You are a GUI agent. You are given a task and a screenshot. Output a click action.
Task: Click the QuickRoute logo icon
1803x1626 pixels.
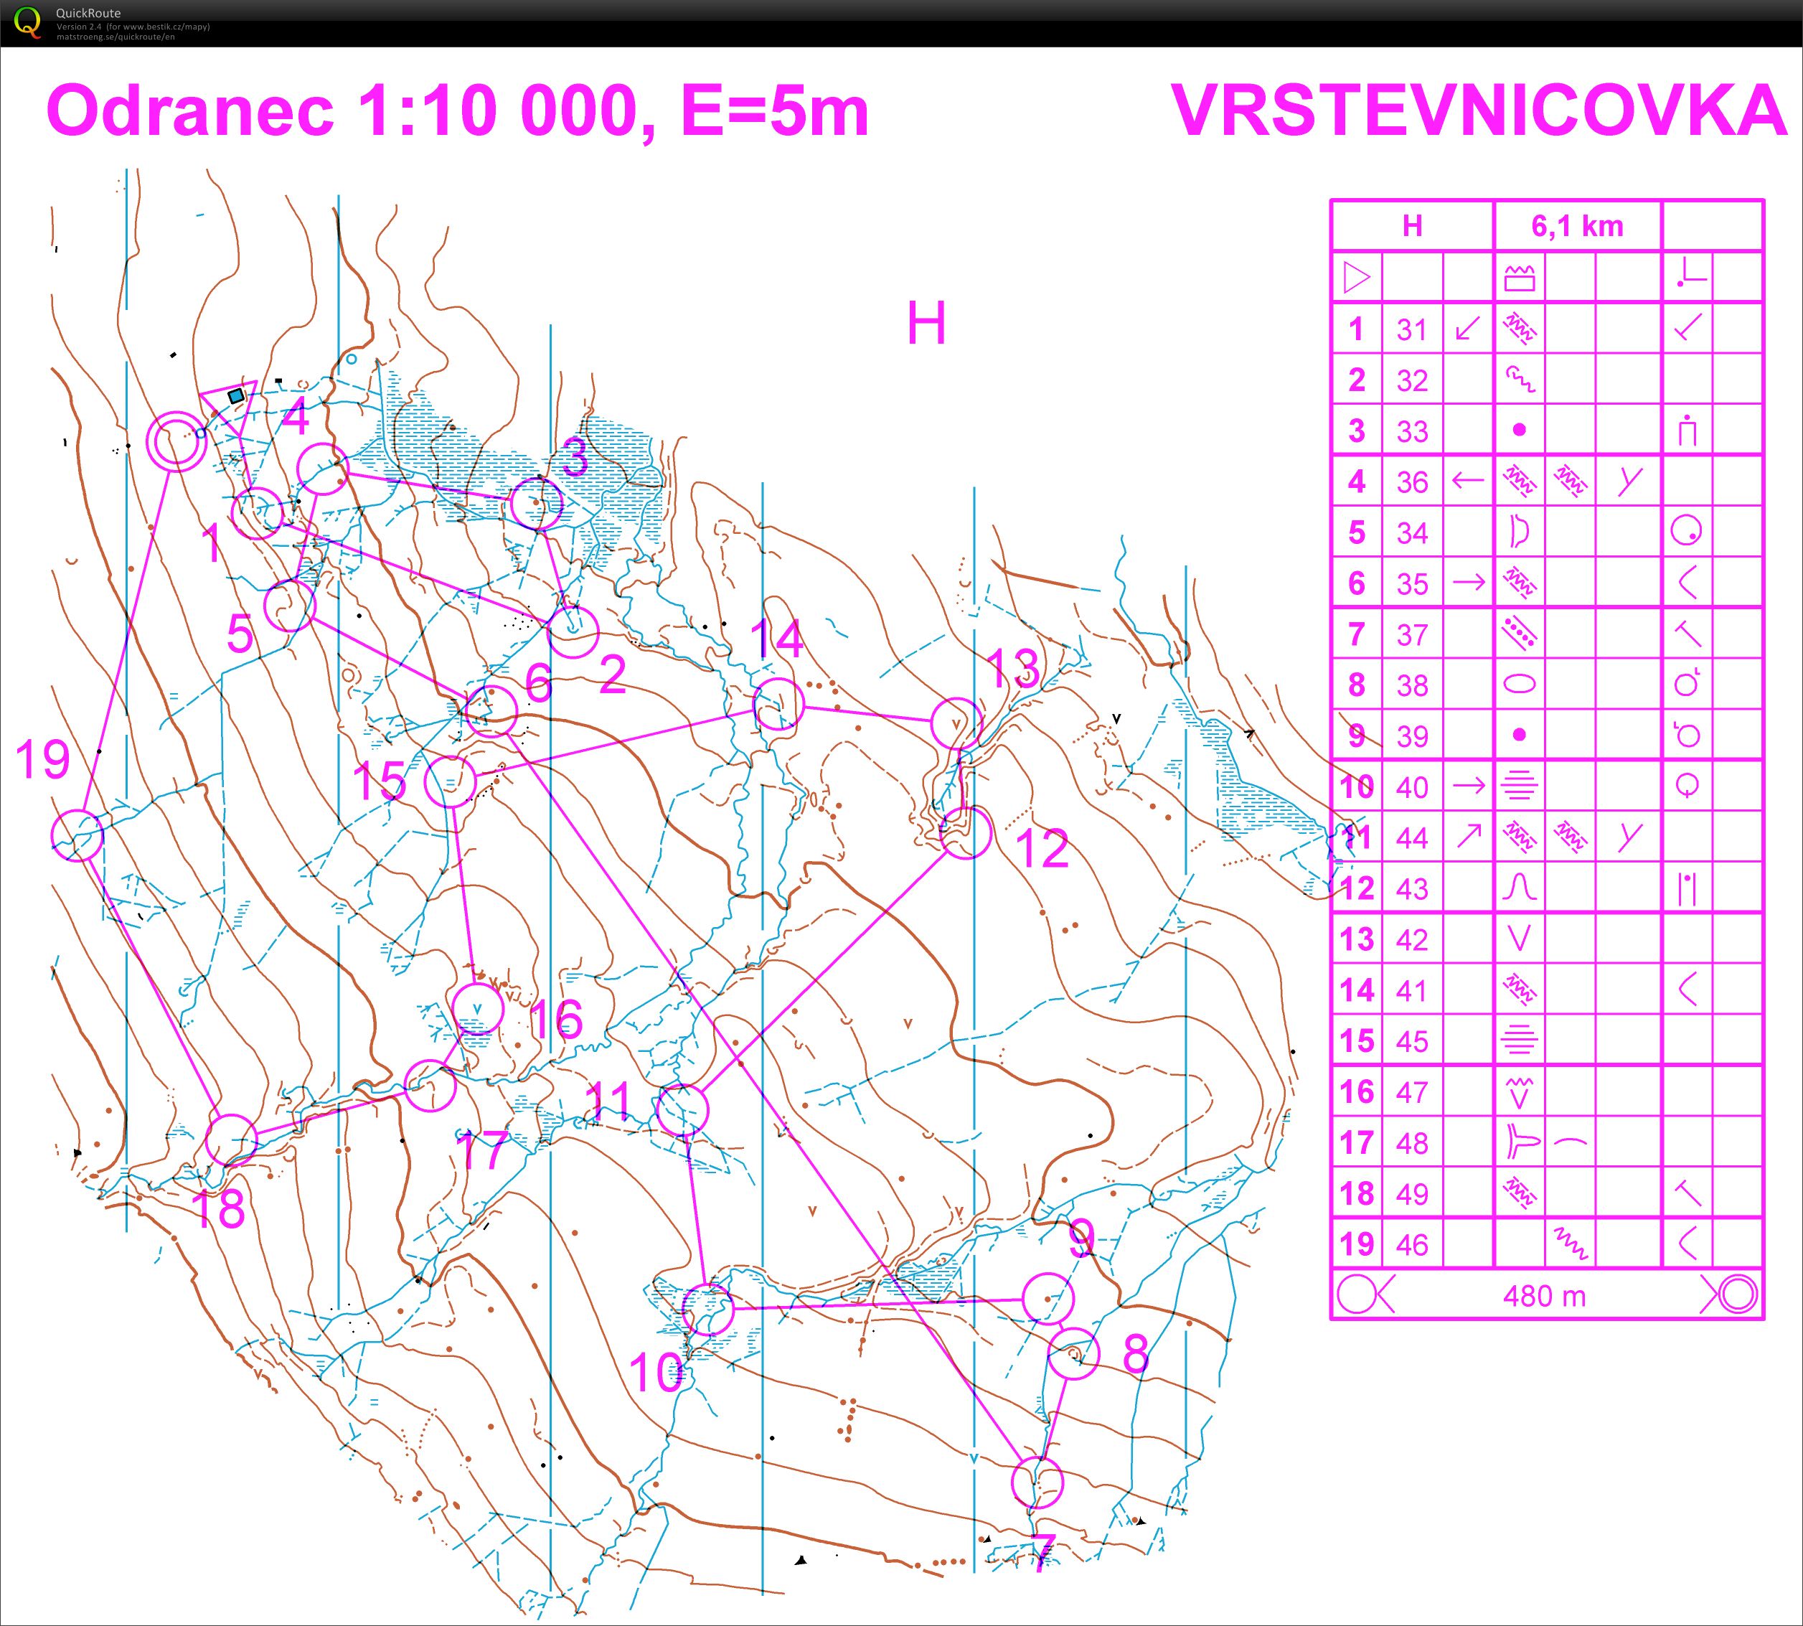pyautogui.click(x=28, y=22)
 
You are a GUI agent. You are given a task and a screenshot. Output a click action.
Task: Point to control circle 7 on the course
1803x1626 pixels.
pyautogui.click(x=1037, y=1482)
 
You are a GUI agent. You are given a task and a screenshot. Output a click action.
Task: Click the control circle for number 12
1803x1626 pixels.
pyautogui.click(x=966, y=832)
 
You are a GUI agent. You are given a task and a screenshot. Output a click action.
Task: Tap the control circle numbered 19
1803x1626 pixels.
pyautogui.click(x=77, y=835)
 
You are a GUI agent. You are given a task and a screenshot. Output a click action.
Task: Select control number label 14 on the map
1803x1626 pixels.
pyautogui.click(x=776, y=639)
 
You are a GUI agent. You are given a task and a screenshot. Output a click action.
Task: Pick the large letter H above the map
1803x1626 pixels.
pyautogui.click(x=926, y=324)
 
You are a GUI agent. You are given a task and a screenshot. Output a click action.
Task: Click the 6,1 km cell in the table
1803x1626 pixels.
pyautogui.click(x=1577, y=226)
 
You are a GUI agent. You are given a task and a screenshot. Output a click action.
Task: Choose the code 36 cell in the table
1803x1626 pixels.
pyautogui.click(x=1412, y=482)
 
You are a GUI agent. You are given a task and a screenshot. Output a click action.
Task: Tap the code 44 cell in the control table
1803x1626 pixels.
pyautogui.click(x=1412, y=838)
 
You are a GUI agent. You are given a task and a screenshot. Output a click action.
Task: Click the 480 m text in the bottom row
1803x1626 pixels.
pyautogui.click(x=1544, y=1295)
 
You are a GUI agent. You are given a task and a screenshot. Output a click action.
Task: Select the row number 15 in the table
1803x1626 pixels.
pyautogui.click(x=1356, y=1040)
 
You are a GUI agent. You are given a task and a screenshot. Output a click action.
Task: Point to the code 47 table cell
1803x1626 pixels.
pyautogui.click(x=1412, y=1091)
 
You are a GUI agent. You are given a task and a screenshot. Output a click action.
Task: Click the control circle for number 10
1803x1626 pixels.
pyautogui.click(x=707, y=1310)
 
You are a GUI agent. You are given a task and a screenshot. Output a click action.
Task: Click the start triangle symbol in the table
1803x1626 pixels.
pyautogui.click(x=1356, y=277)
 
